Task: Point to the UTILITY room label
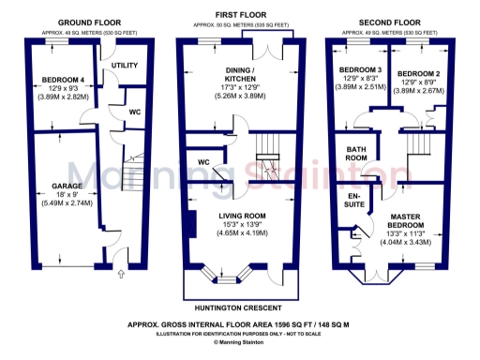coord(124,66)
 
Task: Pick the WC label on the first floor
coord(202,162)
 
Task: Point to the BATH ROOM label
coord(355,154)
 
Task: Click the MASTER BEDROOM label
coord(409,220)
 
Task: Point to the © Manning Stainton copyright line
coord(240,344)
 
